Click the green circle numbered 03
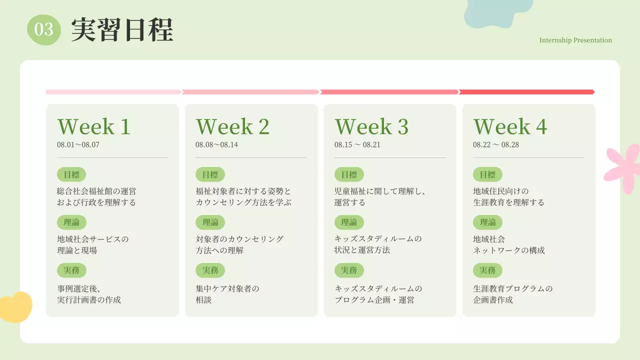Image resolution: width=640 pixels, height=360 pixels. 44,29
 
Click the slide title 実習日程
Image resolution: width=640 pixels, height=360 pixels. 122,30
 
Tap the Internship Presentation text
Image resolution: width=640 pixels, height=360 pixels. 575,40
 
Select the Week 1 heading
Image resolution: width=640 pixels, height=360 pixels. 94,127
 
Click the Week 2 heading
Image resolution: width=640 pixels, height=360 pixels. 232,127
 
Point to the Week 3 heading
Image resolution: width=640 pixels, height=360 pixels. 371,127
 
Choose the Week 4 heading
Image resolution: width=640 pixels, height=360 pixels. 510,127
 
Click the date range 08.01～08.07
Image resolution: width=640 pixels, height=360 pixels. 78,145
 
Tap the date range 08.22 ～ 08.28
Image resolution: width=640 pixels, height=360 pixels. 496,145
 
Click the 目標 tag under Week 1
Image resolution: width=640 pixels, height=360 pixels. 71,174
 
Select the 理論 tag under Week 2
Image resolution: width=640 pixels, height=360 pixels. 210,222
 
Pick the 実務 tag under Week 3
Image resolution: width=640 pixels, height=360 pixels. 349,270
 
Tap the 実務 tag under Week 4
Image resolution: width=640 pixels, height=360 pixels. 487,270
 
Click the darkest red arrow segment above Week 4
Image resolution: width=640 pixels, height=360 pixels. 526,92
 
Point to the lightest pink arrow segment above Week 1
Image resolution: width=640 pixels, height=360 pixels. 113,92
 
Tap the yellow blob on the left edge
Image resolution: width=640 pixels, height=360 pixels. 15,306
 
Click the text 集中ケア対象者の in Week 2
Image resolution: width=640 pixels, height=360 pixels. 227,288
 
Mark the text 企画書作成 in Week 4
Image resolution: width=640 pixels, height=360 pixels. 493,300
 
